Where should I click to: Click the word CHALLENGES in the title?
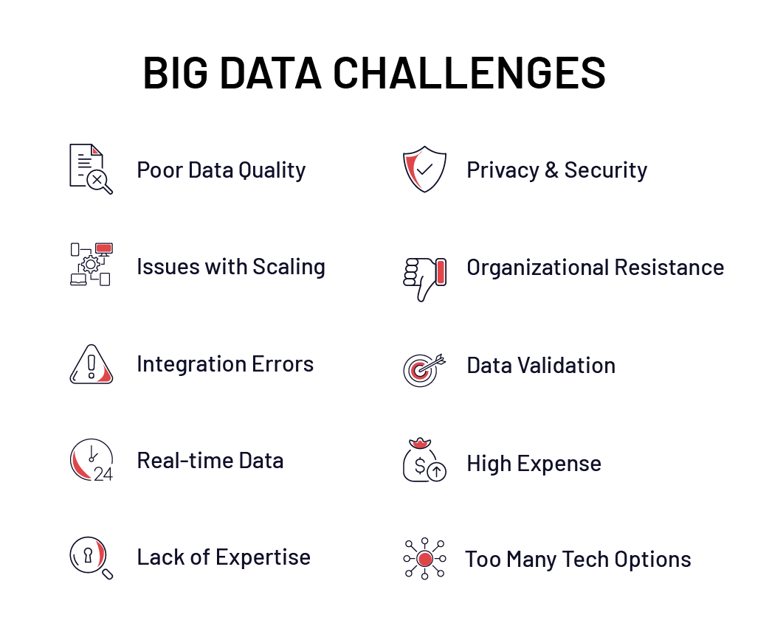pos(469,72)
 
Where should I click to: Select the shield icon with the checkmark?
pos(424,170)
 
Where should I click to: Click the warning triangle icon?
pos(92,364)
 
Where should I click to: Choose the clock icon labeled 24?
pos(92,461)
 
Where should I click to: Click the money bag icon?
pos(424,461)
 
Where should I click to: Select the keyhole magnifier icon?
pos(90,557)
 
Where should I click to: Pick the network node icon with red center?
pos(424,559)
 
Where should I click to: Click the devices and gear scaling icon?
pos(91,264)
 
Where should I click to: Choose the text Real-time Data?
pos(210,461)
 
